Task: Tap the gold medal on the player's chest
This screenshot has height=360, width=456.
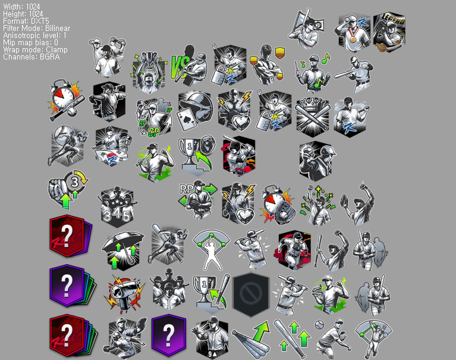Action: click(x=353, y=39)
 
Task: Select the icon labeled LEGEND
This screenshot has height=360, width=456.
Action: click(x=389, y=32)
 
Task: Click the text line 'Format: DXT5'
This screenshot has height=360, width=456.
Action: click(x=26, y=21)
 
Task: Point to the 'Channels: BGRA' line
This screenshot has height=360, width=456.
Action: click(x=32, y=57)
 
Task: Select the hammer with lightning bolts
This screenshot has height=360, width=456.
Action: click(x=124, y=294)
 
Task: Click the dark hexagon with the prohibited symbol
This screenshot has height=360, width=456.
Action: click(x=251, y=294)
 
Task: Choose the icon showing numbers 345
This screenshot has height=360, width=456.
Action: click(x=117, y=206)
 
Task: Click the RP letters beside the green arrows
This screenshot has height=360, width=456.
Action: click(x=187, y=189)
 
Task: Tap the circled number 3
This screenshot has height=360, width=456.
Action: click(x=75, y=183)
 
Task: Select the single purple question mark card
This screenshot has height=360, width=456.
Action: click(x=169, y=336)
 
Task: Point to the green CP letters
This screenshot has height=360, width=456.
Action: click(x=153, y=133)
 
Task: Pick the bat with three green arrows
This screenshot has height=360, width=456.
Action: click(x=293, y=339)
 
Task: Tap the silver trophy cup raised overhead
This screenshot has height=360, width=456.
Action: click(x=149, y=60)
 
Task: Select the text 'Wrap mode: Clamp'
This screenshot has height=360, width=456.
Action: click(x=35, y=49)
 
